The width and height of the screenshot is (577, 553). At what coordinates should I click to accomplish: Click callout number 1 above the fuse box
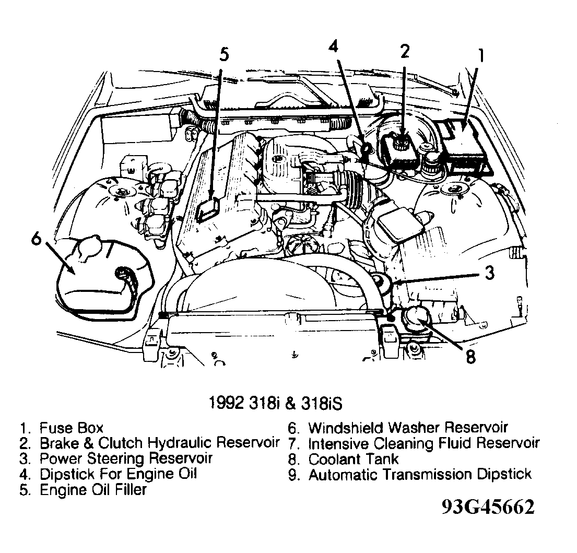(481, 56)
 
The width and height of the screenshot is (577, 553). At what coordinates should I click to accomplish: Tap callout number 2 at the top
(405, 51)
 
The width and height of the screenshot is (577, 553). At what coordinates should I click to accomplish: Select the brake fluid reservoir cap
(402, 141)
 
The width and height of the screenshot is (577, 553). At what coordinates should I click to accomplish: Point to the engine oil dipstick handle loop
(366, 150)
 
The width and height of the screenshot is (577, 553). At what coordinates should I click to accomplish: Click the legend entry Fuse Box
(70, 429)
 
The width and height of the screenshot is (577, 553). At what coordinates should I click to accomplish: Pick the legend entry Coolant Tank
(353, 460)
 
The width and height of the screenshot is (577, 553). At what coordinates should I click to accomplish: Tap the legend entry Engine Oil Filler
(93, 490)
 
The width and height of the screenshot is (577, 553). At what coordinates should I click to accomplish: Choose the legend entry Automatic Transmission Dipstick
(419, 475)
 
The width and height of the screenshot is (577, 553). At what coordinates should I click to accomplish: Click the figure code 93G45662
(487, 507)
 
